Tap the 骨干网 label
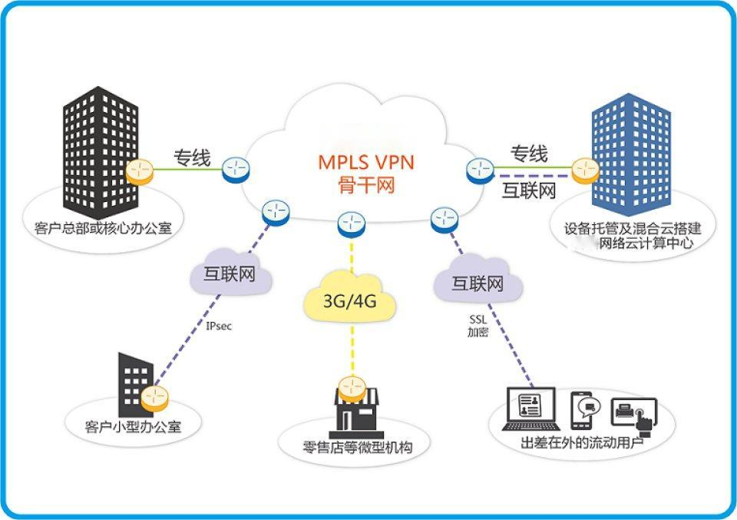pyautogui.click(x=365, y=185)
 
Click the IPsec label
pyautogui.click(x=219, y=326)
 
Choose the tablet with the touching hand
pyautogui.click(x=634, y=415)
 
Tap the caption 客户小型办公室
pyautogui.click(x=134, y=426)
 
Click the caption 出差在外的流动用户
pyautogui.click(x=583, y=444)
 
